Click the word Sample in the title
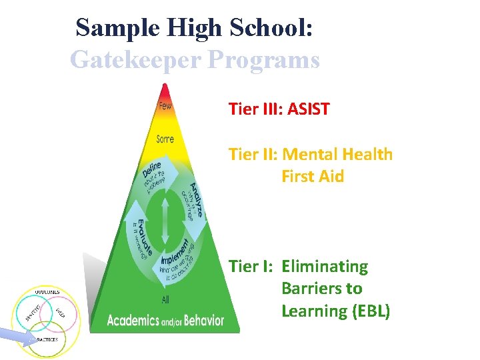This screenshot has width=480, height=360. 117,28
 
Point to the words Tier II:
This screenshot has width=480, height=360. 253,155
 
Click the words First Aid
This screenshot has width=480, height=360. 313,177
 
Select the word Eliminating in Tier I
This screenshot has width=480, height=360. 325,267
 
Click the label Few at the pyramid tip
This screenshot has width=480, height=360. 165,106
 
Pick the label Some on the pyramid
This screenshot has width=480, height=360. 165,139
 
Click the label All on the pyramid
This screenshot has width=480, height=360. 165,300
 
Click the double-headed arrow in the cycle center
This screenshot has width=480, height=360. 165,214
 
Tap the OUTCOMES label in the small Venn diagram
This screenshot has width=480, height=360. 47,291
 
